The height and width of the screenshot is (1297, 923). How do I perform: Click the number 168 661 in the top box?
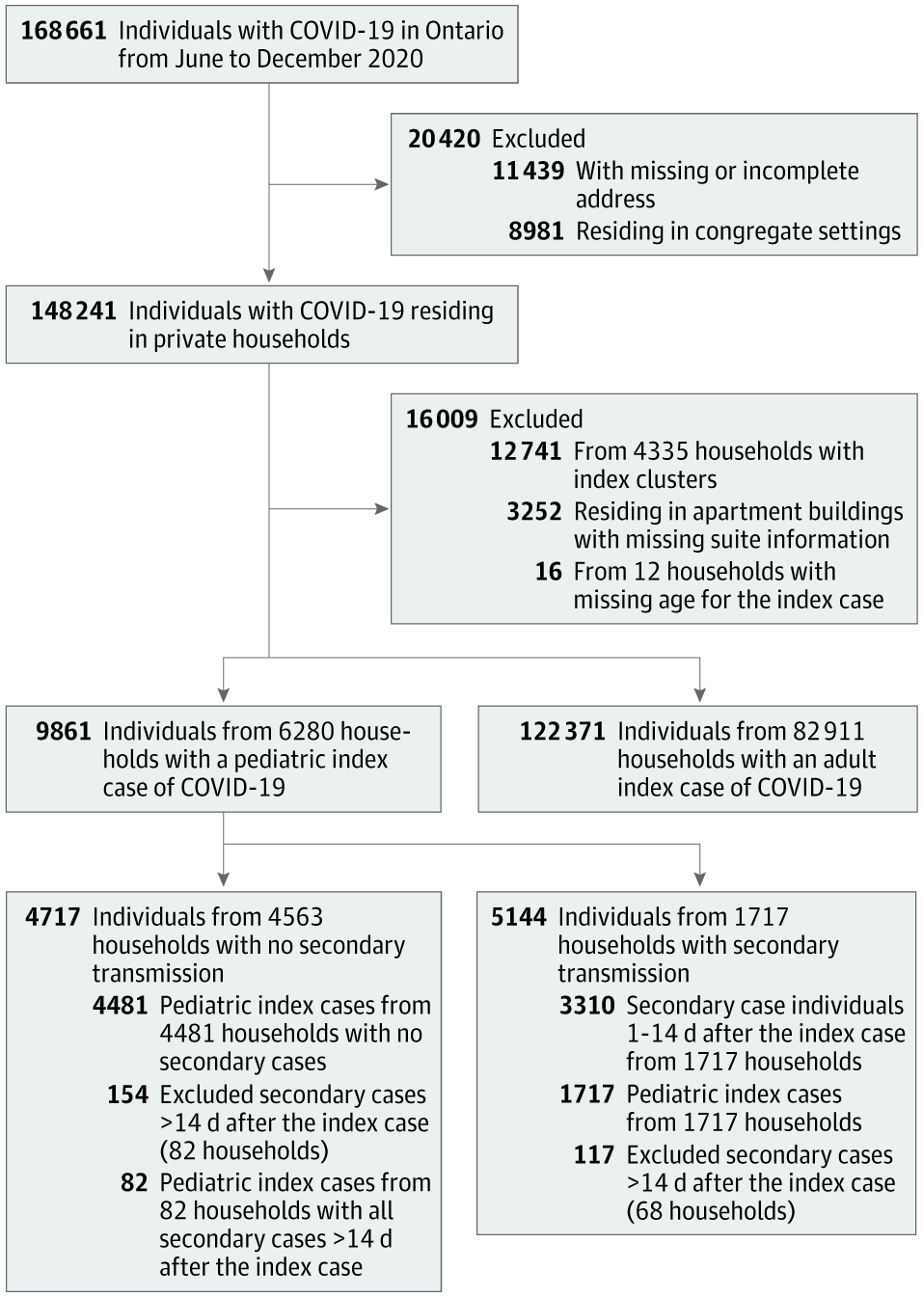(64, 31)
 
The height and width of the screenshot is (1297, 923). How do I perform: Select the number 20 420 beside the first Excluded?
(444, 139)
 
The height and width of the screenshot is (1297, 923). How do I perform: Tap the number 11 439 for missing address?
(529, 171)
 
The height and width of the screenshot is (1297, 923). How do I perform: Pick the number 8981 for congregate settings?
(536, 231)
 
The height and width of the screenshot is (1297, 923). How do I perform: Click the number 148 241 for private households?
(73, 311)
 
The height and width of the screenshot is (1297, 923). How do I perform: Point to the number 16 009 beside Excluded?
(442, 419)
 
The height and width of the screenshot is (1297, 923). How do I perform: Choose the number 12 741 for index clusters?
(526, 451)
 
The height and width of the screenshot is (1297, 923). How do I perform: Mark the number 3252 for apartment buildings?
(534, 511)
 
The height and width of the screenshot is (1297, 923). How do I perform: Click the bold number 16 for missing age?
(549, 572)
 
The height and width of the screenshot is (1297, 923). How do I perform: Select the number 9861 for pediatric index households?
(64, 731)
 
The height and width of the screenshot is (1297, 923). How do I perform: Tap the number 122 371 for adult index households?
(562, 731)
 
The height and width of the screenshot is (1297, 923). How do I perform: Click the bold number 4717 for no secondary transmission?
(53, 917)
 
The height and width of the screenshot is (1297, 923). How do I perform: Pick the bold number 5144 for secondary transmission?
(519, 917)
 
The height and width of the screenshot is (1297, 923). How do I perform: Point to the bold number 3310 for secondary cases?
(587, 1006)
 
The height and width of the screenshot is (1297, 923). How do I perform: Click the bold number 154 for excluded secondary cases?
(128, 1094)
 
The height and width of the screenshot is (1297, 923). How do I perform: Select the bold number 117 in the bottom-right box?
(594, 1155)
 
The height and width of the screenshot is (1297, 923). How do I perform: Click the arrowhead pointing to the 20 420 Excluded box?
(382, 185)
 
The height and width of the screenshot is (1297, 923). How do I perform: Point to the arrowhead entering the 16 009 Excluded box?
(382, 509)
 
